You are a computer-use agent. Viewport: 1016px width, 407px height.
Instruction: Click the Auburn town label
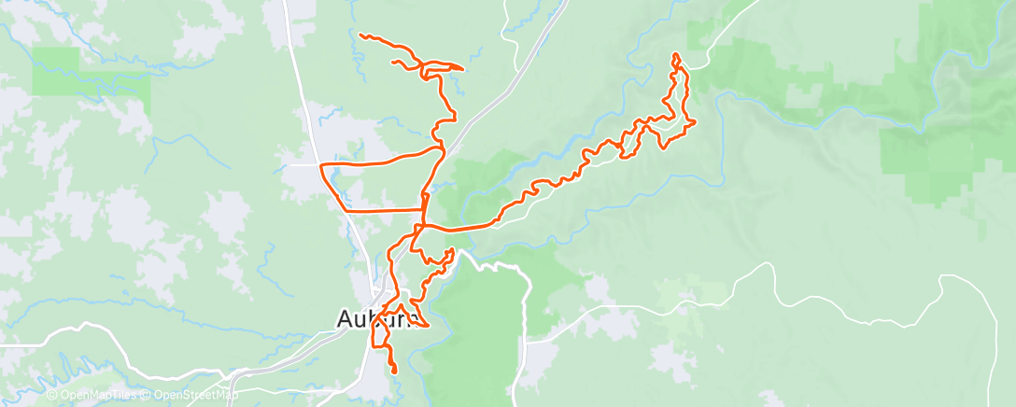coord(374,319)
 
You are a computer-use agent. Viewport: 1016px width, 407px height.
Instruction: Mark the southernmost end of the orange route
coord(395,372)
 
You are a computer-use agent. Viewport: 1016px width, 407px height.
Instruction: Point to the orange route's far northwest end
coord(360,35)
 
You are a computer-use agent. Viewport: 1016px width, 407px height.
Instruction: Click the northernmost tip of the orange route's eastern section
coord(675,55)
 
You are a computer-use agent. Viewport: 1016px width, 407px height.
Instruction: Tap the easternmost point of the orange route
coord(697,121)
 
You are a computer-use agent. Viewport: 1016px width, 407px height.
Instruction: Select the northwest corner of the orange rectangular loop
coord(322,165)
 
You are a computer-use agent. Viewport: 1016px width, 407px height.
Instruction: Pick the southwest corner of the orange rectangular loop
coord(346,211)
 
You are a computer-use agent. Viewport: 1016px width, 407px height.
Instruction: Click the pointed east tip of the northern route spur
coord(463,68)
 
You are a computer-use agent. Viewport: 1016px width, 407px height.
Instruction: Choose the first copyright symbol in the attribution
coord(50,396)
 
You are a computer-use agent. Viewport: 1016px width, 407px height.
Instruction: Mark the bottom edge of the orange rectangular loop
coord(383,212)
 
